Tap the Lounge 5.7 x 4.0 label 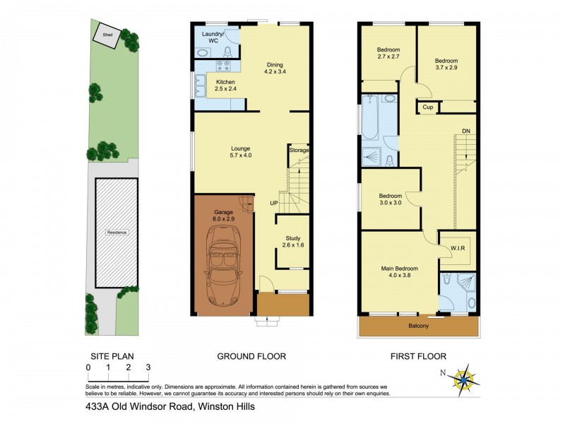241,151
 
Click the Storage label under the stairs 299,151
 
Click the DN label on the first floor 465,131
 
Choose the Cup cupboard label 427,107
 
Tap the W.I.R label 457,248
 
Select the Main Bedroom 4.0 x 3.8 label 400,272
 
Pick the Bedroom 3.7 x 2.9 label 446,64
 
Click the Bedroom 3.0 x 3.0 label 390,199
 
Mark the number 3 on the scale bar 148,367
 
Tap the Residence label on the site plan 117,232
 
